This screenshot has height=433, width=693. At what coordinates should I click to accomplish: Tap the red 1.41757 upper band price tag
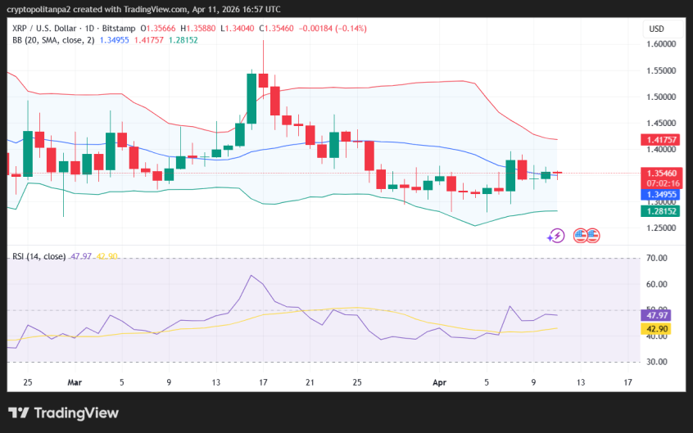pyautogui.click(x=659, y=140)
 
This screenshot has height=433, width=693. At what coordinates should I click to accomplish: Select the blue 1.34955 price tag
pyautogui.click(x=659, y=195)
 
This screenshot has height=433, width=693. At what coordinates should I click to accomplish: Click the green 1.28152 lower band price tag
pyautogui.click(x=659, y=211)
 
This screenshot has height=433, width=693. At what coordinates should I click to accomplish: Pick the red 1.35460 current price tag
pyautogui.click(x=659, y=174)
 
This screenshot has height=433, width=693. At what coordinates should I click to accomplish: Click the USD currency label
pyautogui.click(x=656, y=29)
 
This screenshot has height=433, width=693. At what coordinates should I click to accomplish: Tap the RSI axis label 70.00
pyautogui.click(x=656, y=259)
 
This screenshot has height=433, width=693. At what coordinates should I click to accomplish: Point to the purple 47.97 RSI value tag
pyautogui.click(x=656, y=315)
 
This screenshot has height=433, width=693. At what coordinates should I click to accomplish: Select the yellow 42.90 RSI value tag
pyautogui.click(x=656, y=328)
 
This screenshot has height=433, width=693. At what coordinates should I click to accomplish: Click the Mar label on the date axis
pyautogui.click(x=75, y=381)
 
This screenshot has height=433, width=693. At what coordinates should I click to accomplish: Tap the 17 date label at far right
pyautogui.click(x=628, y=381)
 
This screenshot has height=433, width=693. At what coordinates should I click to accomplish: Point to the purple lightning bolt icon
pyautogui.click(x=556, y=236)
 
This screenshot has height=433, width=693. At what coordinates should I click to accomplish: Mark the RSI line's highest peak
pyautogui.click(x=252, y=276)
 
